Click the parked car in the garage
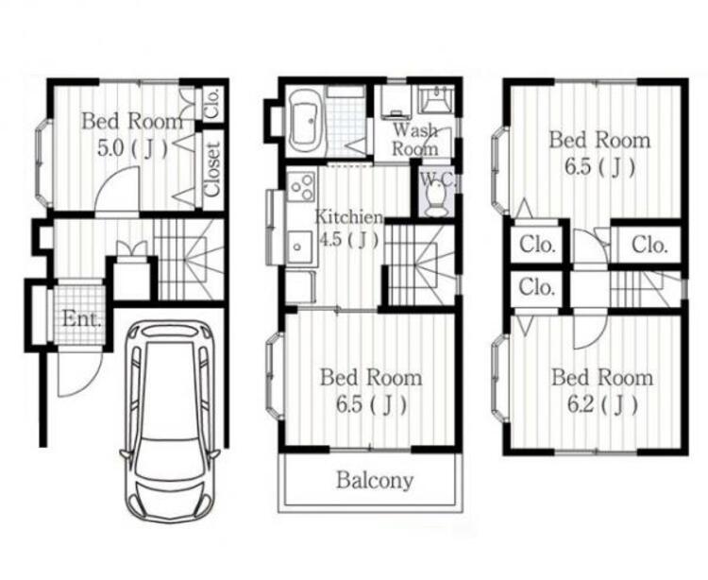(170, 421)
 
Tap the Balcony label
(375, 480)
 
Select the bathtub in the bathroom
(305, 122)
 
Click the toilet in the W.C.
(436, 199)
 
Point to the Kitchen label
(349, 216)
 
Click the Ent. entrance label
(81, 319)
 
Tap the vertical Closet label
(213, 169)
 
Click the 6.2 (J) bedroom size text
(602, 404)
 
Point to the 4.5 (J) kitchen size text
(348, 240)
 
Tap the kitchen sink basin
(298, 246)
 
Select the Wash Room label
(415, 140)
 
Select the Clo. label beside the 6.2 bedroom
(536, 287)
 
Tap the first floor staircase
(189, 259)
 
